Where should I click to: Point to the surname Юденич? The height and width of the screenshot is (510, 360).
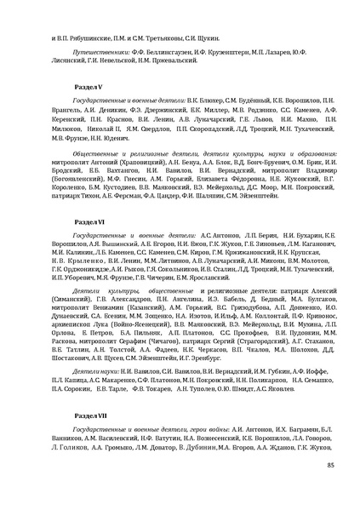tap(137, 138)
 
